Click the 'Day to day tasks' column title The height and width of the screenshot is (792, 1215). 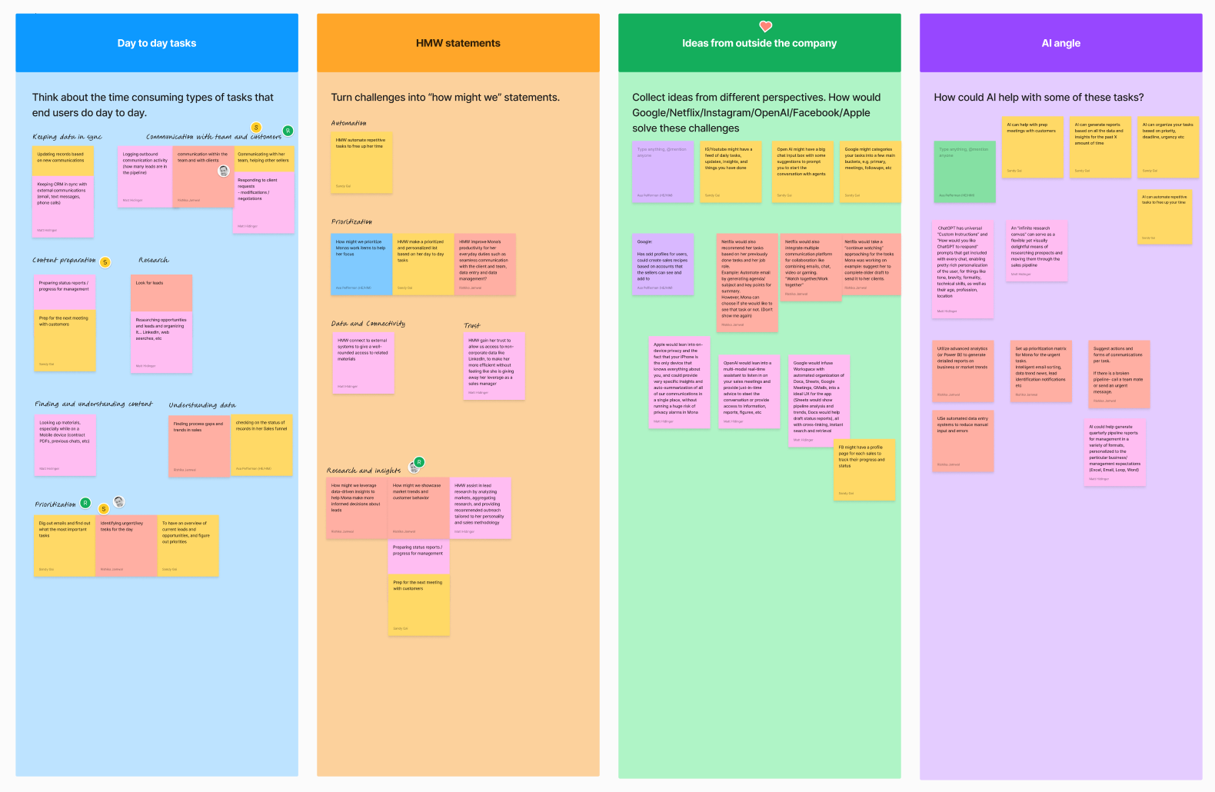point(157,43)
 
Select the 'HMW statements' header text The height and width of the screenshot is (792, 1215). point(458,43)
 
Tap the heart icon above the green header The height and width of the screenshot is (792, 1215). point(765,26)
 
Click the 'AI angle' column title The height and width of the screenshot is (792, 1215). point(1060,43)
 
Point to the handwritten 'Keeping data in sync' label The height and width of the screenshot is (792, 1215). point(67,137)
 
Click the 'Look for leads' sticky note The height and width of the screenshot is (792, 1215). point(161,293)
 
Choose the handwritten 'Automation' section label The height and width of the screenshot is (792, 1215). point(348,123)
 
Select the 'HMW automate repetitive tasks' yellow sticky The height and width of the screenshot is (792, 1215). point(362,161)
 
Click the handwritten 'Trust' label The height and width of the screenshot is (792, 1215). point(472,325)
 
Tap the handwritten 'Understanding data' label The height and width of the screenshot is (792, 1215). point(202,405)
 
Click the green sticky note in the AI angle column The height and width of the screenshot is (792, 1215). point(964,171)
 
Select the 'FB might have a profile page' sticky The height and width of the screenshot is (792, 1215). point(864,470)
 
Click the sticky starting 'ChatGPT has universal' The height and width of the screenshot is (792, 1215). point(963,269)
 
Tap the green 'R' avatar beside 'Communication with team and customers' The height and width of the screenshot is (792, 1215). point(288,131)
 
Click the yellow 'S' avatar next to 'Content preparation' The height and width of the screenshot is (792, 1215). point(105,262)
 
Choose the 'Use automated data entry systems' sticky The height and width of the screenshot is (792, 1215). point(963,441)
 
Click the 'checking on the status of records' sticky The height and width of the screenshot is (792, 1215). point(261,445)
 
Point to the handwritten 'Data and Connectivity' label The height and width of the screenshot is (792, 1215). point(368,324)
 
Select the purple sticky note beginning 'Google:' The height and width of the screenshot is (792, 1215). point(663,264)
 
